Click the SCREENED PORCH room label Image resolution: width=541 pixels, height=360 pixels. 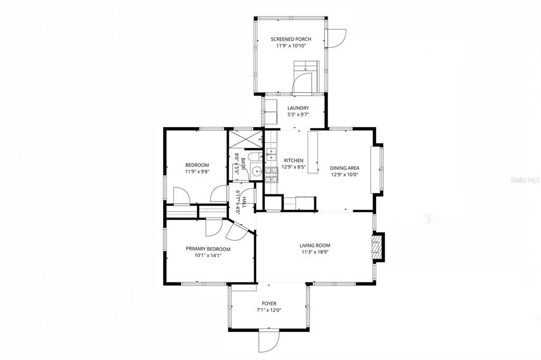click(291, 39)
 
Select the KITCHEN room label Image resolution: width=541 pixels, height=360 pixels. click(294, 160)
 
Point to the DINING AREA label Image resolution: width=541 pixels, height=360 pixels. click(345, 168)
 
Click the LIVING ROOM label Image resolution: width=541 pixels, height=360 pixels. click(315, 245)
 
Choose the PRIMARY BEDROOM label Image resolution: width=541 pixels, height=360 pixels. click(208, 249)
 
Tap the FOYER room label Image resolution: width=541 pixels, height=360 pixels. click(269, 304)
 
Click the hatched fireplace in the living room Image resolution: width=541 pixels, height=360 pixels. click(377, 247)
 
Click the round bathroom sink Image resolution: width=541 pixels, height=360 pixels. click(256, 171)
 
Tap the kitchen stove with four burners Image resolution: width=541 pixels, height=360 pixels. click(271, 174)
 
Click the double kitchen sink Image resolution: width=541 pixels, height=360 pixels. click(271, 154)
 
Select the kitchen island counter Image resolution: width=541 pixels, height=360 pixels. click(313, 153)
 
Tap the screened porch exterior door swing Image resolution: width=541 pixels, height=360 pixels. click(335, 37)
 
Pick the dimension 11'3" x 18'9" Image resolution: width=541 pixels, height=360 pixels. click(315, 252)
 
